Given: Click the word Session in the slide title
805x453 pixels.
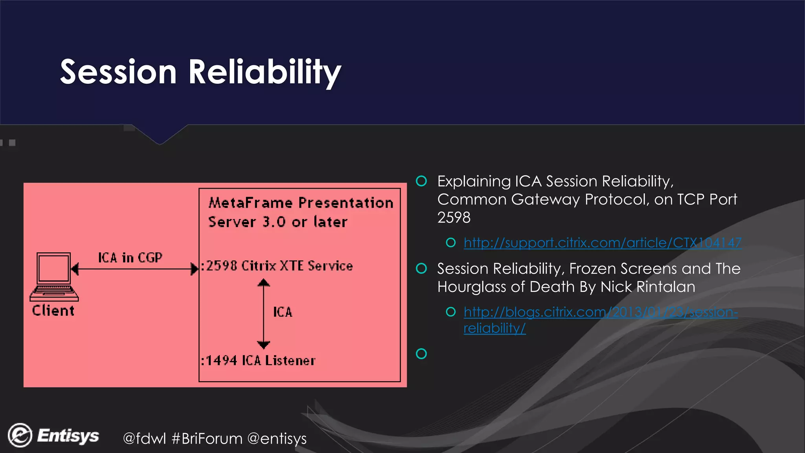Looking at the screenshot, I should coord(118,72).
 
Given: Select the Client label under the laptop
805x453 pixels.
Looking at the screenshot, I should coord(53,311).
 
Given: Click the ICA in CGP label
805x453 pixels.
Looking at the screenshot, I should coord(130,258).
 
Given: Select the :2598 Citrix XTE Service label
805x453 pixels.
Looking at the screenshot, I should coord(277,266).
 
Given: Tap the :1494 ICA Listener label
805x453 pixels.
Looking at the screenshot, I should coord(258,361).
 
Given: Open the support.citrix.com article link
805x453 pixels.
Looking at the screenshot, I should coord(602,243).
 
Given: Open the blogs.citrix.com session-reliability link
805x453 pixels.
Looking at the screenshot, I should coord(600,312).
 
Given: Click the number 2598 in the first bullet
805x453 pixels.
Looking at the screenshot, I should coord(454,217).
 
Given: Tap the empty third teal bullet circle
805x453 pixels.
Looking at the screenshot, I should coord(421,354).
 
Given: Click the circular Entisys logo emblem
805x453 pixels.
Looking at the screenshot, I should coord(20,435).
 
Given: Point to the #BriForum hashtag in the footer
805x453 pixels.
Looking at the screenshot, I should coord(207,438).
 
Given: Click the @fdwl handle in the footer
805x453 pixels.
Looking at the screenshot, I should coord(144,438).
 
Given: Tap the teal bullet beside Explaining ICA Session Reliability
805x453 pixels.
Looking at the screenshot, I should coord(421,181).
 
